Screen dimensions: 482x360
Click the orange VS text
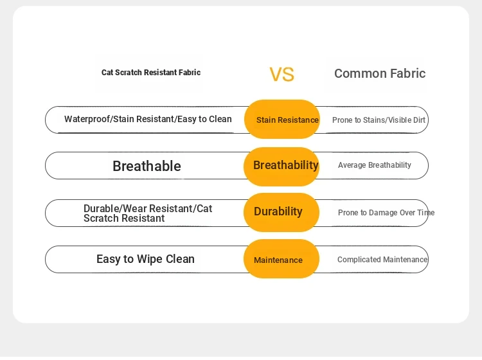coord(282,75)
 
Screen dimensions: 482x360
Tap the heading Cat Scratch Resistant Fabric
coord(151,73)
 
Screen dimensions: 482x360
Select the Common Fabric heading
coord(380,73)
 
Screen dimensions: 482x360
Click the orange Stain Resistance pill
coord(282,120)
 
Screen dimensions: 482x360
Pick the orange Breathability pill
coord(281,166)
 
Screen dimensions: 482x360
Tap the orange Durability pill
coord(281,212)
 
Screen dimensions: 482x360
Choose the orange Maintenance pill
coord(281,259)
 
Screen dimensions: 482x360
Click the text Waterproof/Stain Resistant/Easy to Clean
coord(148,119)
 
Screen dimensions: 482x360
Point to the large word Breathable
coord(147,166)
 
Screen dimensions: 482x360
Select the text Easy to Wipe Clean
coord(145,259)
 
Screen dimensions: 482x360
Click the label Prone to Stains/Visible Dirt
coord(379,120)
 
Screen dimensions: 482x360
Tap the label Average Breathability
coord(375,165)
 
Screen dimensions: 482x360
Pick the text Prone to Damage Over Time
coord(386,212)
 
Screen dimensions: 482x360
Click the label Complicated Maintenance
coord(382,260)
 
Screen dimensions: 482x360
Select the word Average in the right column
coord(352,165)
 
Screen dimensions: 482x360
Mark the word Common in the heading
coord(356,73)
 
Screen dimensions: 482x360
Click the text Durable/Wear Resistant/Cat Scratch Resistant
coord(148,213)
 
